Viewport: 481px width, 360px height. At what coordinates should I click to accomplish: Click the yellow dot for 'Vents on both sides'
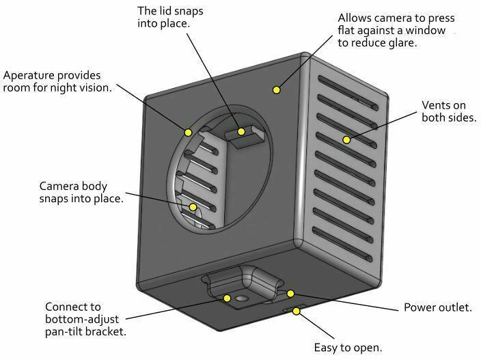pyautogui.click(x=346, y=139)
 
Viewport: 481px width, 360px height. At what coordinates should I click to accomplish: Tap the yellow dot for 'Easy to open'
pyautogui.click(x=297, y=311)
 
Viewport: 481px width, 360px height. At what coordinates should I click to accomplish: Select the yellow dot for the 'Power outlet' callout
pyautogui.click(x=290, y=294)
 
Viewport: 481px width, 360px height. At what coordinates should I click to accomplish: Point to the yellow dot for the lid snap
pyautogui.click(x=240, y=131)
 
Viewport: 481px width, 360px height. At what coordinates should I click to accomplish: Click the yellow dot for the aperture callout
pyautogui.click(x=188, y=131)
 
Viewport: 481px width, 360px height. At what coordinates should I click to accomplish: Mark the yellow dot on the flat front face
pyautogui.click(x=277, y=89)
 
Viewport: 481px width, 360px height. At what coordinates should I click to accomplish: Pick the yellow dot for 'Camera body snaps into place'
pyautogui.click(x=193, y=206)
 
